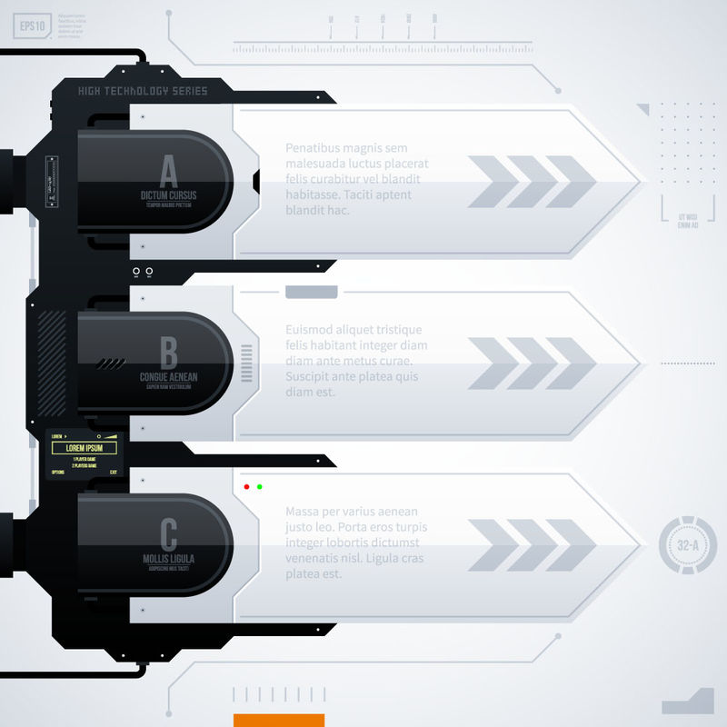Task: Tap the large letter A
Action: tap(169, 170)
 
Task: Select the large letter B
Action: tap(169, 352)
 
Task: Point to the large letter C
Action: tap(169, 533)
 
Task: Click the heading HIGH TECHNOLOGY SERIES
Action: tap(143, 91)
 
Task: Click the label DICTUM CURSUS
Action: tap(169, 195)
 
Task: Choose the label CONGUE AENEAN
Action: tap(169, 376)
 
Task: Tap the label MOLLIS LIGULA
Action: tap(169, 558)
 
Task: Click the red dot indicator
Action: tap(245, 487)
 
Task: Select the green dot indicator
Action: tap(260, 487)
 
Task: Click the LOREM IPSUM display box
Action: tap(85, 448)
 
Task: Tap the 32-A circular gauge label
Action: tap(688, 546)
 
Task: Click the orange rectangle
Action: tap(279, 720)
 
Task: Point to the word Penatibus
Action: tap(314, 148)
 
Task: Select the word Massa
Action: tap(304, 512)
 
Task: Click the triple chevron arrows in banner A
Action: tap(532, 182)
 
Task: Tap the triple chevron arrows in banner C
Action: tap(532, 545)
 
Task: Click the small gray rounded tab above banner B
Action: tap(312, 292)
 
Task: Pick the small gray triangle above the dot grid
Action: tap(643, 109)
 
